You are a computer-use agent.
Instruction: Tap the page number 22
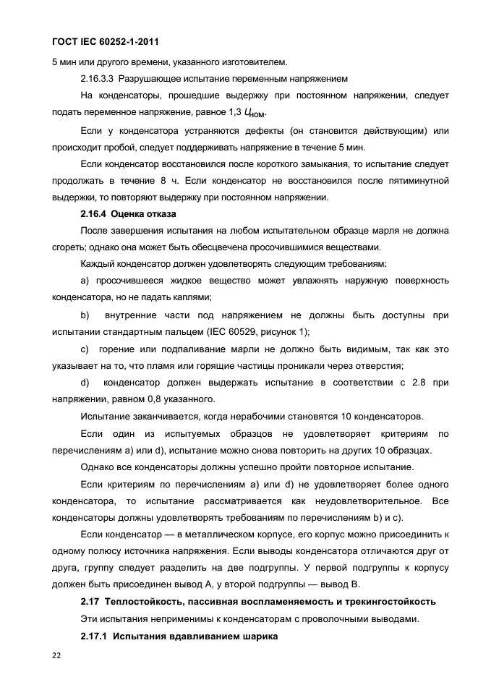[57, 654]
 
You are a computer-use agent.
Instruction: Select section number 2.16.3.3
[97, 77]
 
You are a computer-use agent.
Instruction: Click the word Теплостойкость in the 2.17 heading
[142, 600]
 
